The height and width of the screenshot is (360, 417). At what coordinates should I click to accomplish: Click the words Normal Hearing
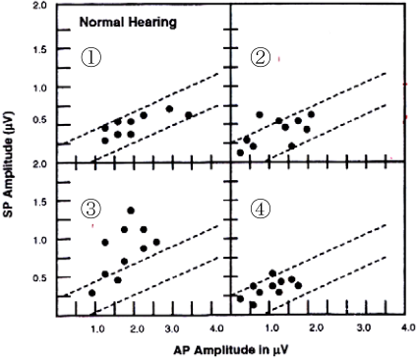coord(128,23)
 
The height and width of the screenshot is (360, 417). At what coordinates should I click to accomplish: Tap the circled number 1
coord(91,58)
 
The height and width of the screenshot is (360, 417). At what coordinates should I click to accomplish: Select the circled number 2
coord(261,58)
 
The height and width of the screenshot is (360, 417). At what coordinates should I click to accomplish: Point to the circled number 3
coord(91,210)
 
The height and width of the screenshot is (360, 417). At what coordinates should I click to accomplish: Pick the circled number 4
coord(261,210)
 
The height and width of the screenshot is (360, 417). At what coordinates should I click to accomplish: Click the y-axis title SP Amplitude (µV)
coord(9,165)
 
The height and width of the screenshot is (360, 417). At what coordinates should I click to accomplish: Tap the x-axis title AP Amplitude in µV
coord(231,350)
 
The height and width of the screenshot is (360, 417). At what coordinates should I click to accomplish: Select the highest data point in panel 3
coord(131,210)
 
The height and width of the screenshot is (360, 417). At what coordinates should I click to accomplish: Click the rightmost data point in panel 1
coord(189,115)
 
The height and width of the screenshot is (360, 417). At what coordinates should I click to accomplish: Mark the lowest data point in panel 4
coord(253,305)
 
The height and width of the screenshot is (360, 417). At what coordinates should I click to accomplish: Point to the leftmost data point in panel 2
coord(240,152)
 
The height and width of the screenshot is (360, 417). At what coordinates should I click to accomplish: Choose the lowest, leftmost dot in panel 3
coord(92,293)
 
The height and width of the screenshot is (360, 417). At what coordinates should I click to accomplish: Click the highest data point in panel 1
coord(169,109)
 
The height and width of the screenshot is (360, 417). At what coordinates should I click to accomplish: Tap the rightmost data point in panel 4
coord(298,285)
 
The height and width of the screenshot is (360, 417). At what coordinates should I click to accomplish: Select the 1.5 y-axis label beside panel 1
coord(39,50)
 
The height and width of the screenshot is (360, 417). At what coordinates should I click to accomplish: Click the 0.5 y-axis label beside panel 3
coord(39,278)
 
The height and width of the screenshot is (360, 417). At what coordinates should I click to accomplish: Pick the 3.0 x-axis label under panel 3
coord(172,329)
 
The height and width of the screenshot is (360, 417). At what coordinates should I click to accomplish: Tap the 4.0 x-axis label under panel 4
coord(408,328)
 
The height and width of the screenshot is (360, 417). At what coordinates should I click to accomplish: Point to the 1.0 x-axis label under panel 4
coord(272,329)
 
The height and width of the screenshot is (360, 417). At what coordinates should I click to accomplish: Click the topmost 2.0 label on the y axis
coord(39,6)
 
